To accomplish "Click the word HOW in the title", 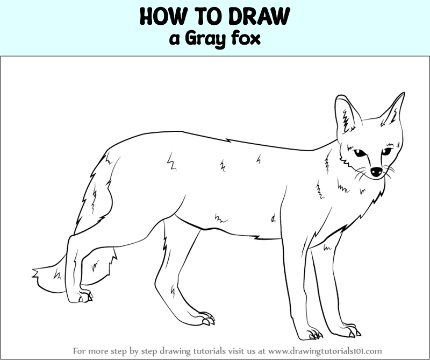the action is click(159, 16).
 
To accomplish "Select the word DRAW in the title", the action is click(259, 16).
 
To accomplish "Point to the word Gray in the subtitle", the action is click(205, 39).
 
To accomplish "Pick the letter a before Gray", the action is click(175, 39).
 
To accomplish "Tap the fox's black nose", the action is click(376, 172).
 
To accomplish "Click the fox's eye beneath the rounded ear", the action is click(359, 153).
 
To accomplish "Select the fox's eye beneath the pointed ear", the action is click(386, 151).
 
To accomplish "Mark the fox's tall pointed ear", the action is click(393, 109).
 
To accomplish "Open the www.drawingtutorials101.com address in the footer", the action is click(325, 351).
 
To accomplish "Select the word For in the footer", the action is click(79, 351).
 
